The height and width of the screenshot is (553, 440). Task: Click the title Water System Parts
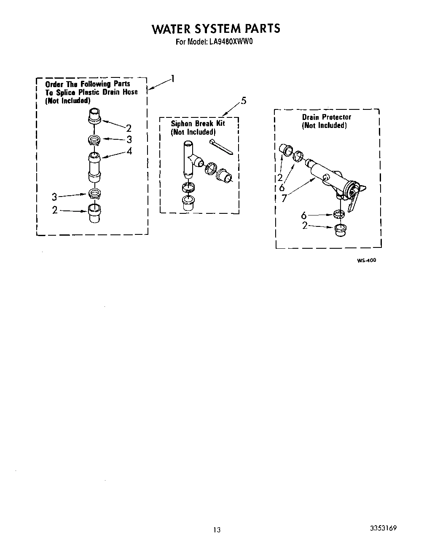tap(215, 28)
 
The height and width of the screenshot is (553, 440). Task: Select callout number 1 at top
tap(173, 78)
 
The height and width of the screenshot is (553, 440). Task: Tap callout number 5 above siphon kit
tap(244, 101)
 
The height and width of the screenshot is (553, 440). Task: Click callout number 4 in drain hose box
tap(129, 151)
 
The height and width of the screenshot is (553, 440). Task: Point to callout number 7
tap(284, 198)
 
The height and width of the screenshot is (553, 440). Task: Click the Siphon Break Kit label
tap(197, 123)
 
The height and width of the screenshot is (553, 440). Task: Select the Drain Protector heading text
tap(326, 117)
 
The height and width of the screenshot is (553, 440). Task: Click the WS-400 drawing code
tap(366, 261)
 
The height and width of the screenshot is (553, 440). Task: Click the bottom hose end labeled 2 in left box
tap(94, 213)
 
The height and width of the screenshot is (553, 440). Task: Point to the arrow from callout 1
tap(159, 84)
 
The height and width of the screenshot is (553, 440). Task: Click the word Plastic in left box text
tap(86, 92)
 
